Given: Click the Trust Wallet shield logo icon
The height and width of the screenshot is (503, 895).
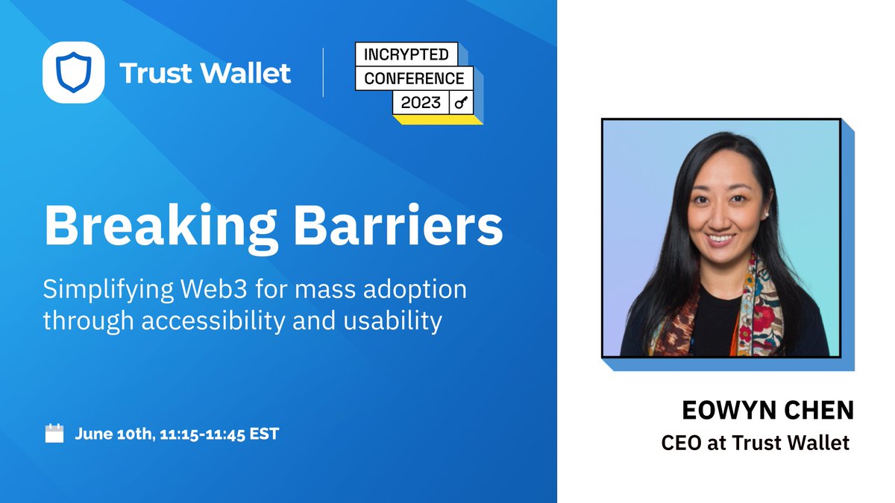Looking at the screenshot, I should click(73, 72).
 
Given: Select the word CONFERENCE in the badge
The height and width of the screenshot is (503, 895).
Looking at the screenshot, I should click(414, 78).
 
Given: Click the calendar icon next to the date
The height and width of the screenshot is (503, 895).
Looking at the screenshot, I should click(54, 433).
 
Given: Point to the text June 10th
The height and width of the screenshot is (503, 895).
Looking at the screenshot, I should click(112, 433).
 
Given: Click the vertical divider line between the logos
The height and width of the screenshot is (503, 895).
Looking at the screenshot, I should click(323, 72).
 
